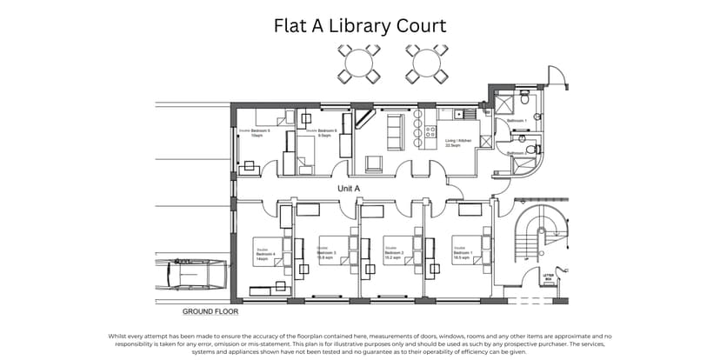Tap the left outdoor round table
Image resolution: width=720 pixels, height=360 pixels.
(359, 63)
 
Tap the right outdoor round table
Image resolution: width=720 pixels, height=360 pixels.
(425, 63)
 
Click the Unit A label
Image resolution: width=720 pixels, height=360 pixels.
(349, 188)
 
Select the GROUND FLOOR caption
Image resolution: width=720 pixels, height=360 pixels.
(210, 310)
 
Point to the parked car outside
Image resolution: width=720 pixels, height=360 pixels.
(190, 277)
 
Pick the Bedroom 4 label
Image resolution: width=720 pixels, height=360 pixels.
(265, 255)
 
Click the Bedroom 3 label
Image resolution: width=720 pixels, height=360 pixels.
(328, 255)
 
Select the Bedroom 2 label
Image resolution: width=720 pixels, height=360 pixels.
(392, 255)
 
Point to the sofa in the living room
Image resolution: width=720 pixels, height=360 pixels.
(393, 132)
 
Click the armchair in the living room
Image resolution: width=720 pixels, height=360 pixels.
(374, 163)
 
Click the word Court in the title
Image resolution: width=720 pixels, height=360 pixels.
(416, 26)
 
